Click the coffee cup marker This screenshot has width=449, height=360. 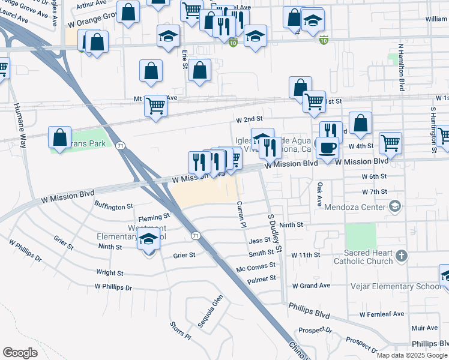(x=327, y=148)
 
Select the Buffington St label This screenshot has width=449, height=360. (x=113, y=206)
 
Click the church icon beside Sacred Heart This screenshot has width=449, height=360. (x=402, y=256)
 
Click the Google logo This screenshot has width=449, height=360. (x=20, y=353)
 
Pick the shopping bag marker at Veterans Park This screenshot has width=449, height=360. (x=60, y=137)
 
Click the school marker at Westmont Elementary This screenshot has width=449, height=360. (x=149, y=240)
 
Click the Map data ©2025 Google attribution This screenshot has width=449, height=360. (x=412, y=355)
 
